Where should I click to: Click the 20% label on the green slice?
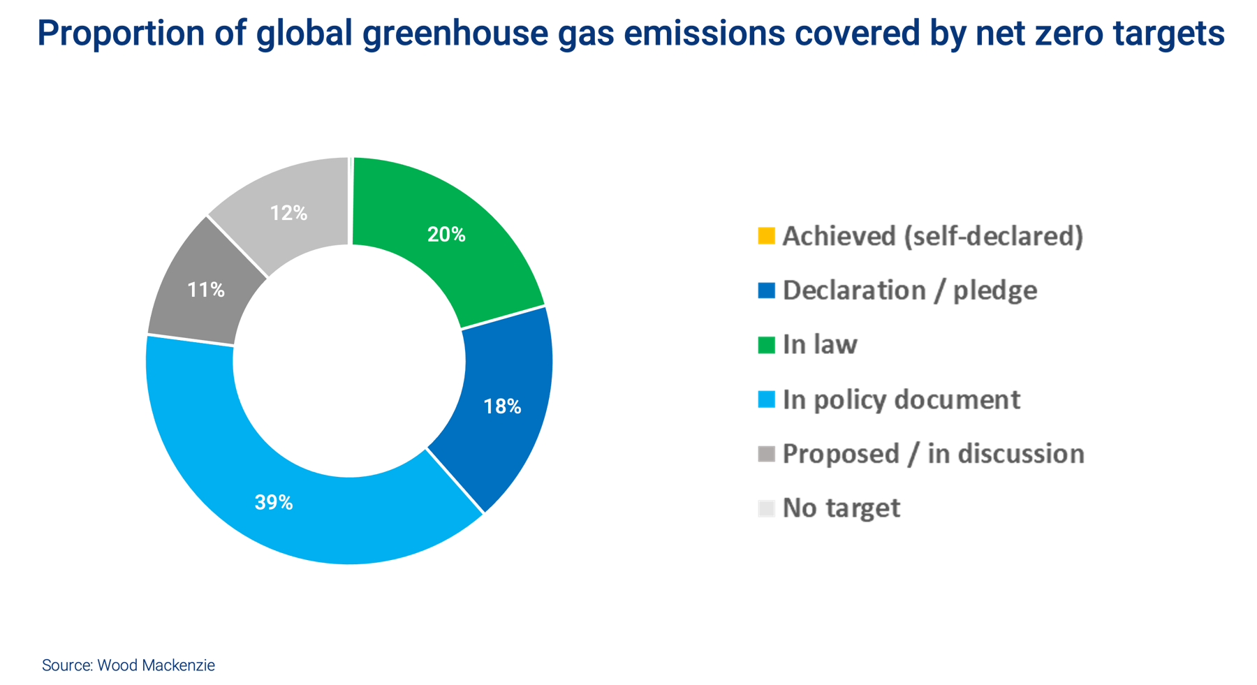(x=446, y=235)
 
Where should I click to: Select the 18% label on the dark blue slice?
(x=502, y=406)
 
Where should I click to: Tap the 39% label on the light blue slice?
(x=274, y=502)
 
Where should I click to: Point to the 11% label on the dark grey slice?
(x=206, y=290)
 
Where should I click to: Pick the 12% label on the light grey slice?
(x=288, y=213)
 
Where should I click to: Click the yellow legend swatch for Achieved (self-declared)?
(x=766, y=236)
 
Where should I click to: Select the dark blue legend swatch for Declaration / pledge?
(x=766, y=290)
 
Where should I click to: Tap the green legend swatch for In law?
(x=766, y=345)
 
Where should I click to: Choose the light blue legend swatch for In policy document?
(x=766, y=399)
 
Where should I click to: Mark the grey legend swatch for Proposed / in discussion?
(x=766, y=454)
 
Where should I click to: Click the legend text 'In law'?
(x=820, y=345)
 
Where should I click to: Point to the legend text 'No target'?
(x=841, y=508)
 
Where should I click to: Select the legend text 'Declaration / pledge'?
(x=909, y=290)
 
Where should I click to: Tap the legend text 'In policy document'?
(x=902, y=399)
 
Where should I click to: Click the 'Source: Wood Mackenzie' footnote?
(x=128, y=665)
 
